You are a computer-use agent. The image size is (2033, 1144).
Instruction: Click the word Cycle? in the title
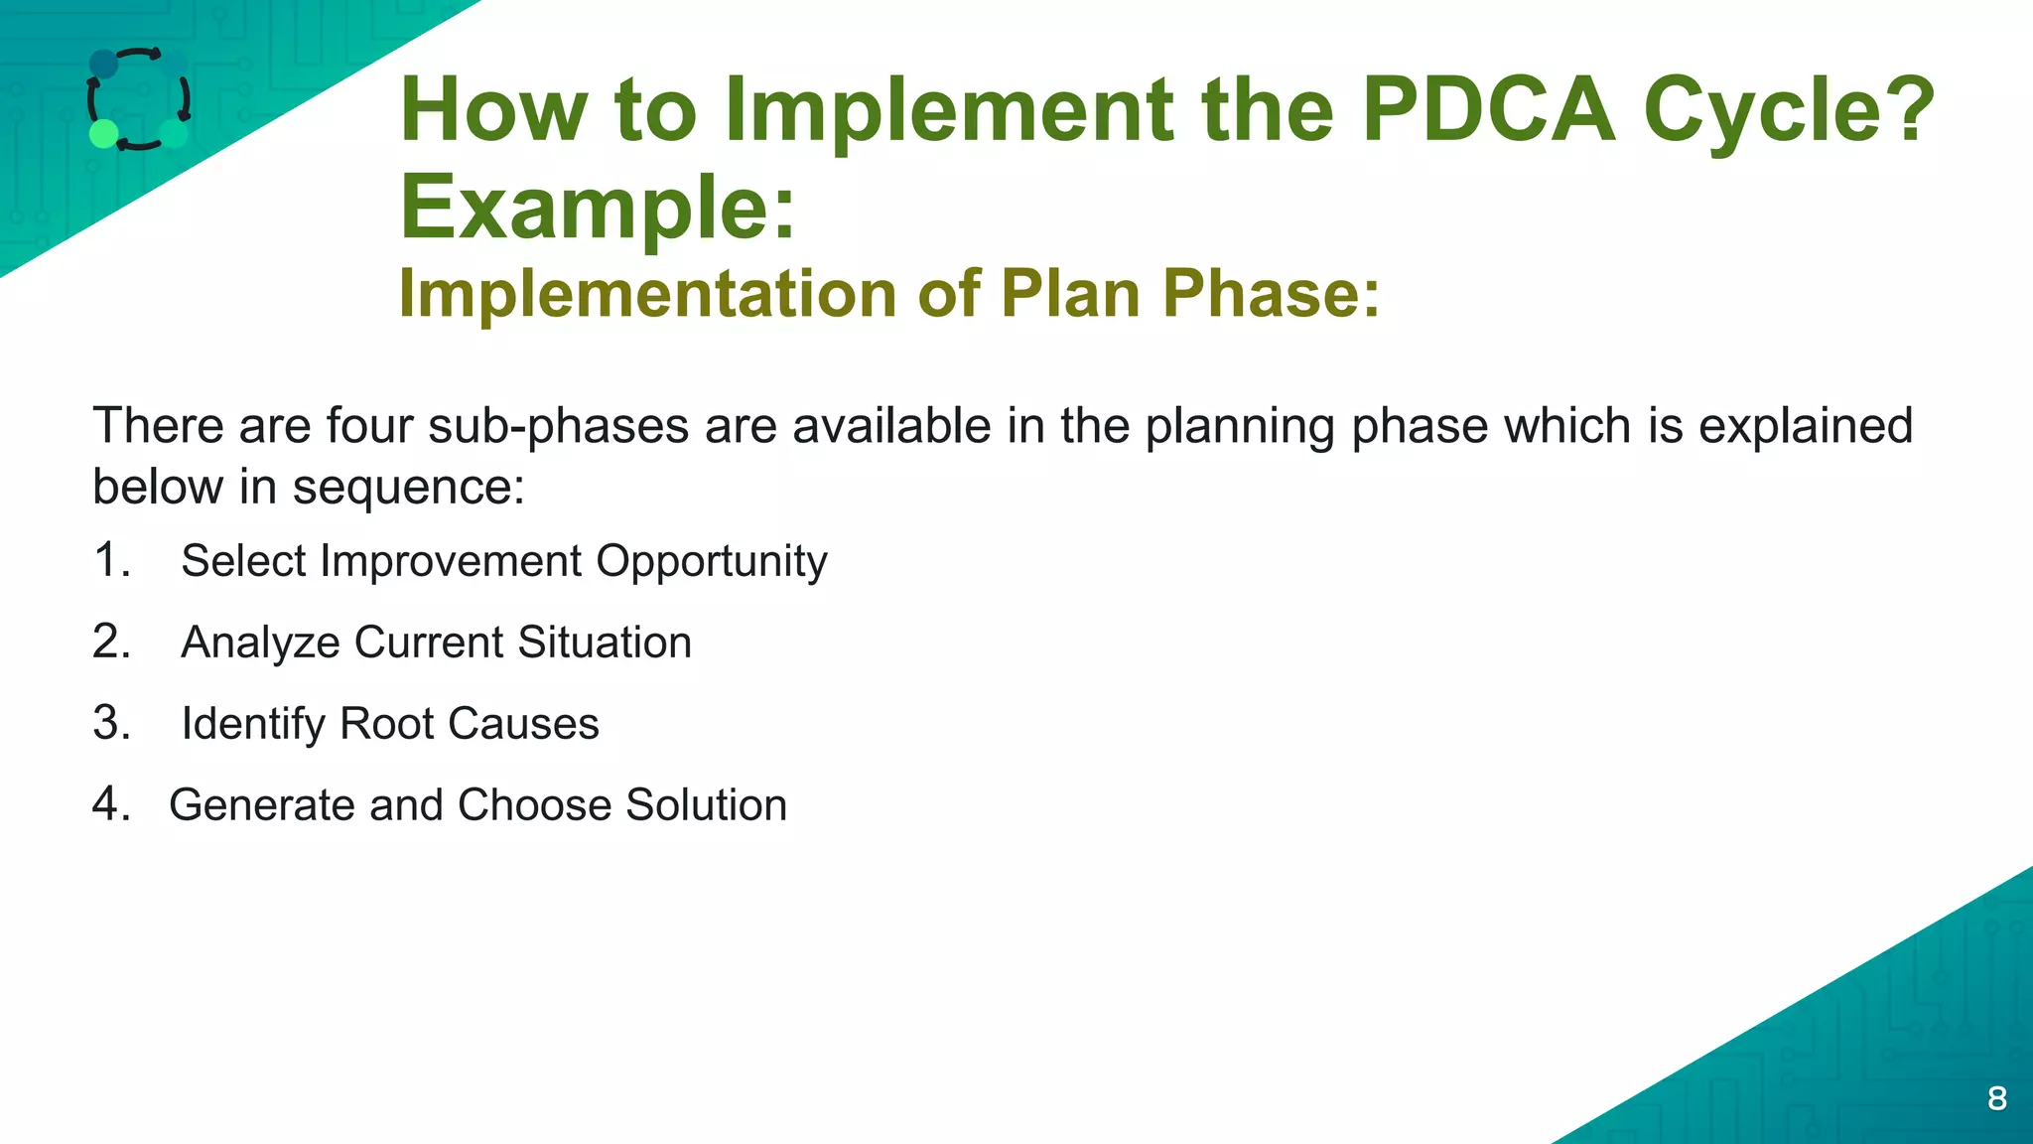click(x=1789, y=111)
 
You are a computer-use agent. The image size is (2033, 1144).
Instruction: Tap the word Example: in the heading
click(x=598, y=209)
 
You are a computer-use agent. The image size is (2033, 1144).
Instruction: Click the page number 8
click(x=1997, y=1098)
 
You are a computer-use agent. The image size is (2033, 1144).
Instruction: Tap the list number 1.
click(x=111, y=560)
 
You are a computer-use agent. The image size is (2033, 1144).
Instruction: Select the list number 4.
click(x=111, y=804)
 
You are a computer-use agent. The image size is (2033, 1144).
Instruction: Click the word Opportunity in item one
click(x=711, y=562)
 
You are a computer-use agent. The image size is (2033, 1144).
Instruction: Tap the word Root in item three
click(x=386, y=724)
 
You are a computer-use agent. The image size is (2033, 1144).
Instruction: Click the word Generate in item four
click(x=261, y=805)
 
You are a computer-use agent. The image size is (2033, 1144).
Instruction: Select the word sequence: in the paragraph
click(x=407, y=488)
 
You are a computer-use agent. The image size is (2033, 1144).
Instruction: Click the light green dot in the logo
click(x=104, y=133)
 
